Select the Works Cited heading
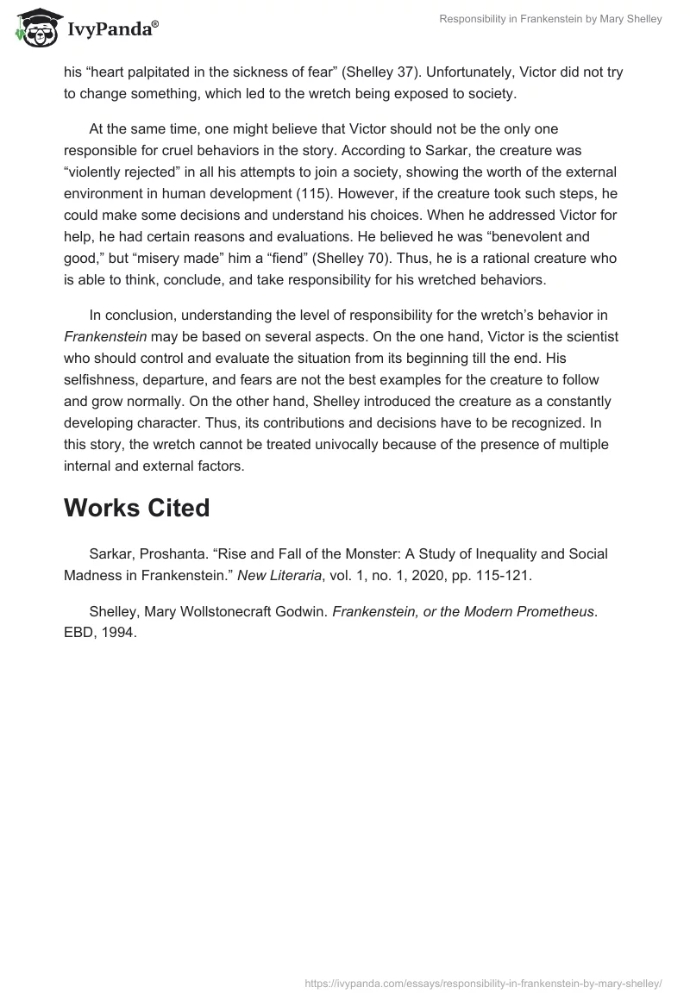(x=136, y=509)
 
